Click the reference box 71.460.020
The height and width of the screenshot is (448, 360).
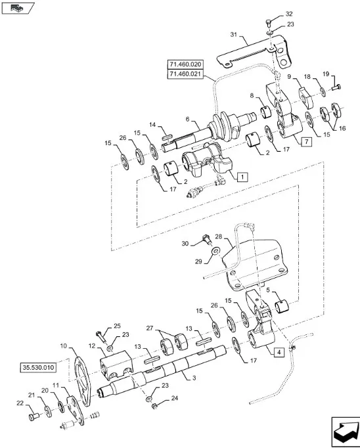pyautogui.click(x=185, y=64)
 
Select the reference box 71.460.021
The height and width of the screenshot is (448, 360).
pyautogui.click(x=185, y=74)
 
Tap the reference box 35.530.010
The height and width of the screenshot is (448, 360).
pyautogui.click(x=38, y=367)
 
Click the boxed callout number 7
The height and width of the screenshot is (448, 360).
pyautogui.click(x=306, y=141)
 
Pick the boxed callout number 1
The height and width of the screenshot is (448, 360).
pyautogui.click(x=242, y=177)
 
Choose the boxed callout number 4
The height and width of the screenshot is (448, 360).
pyautogui.click(x=279, y=352)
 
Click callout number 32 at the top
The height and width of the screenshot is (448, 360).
pyautogui.click(x=289, y=14)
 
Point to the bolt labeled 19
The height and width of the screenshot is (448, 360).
pyautogui.click(x=336, y=87)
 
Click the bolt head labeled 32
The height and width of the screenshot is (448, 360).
pyautogui.click(x=268, y=22)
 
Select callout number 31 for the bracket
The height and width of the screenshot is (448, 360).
pyautogui.click(x=234, y=35)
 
